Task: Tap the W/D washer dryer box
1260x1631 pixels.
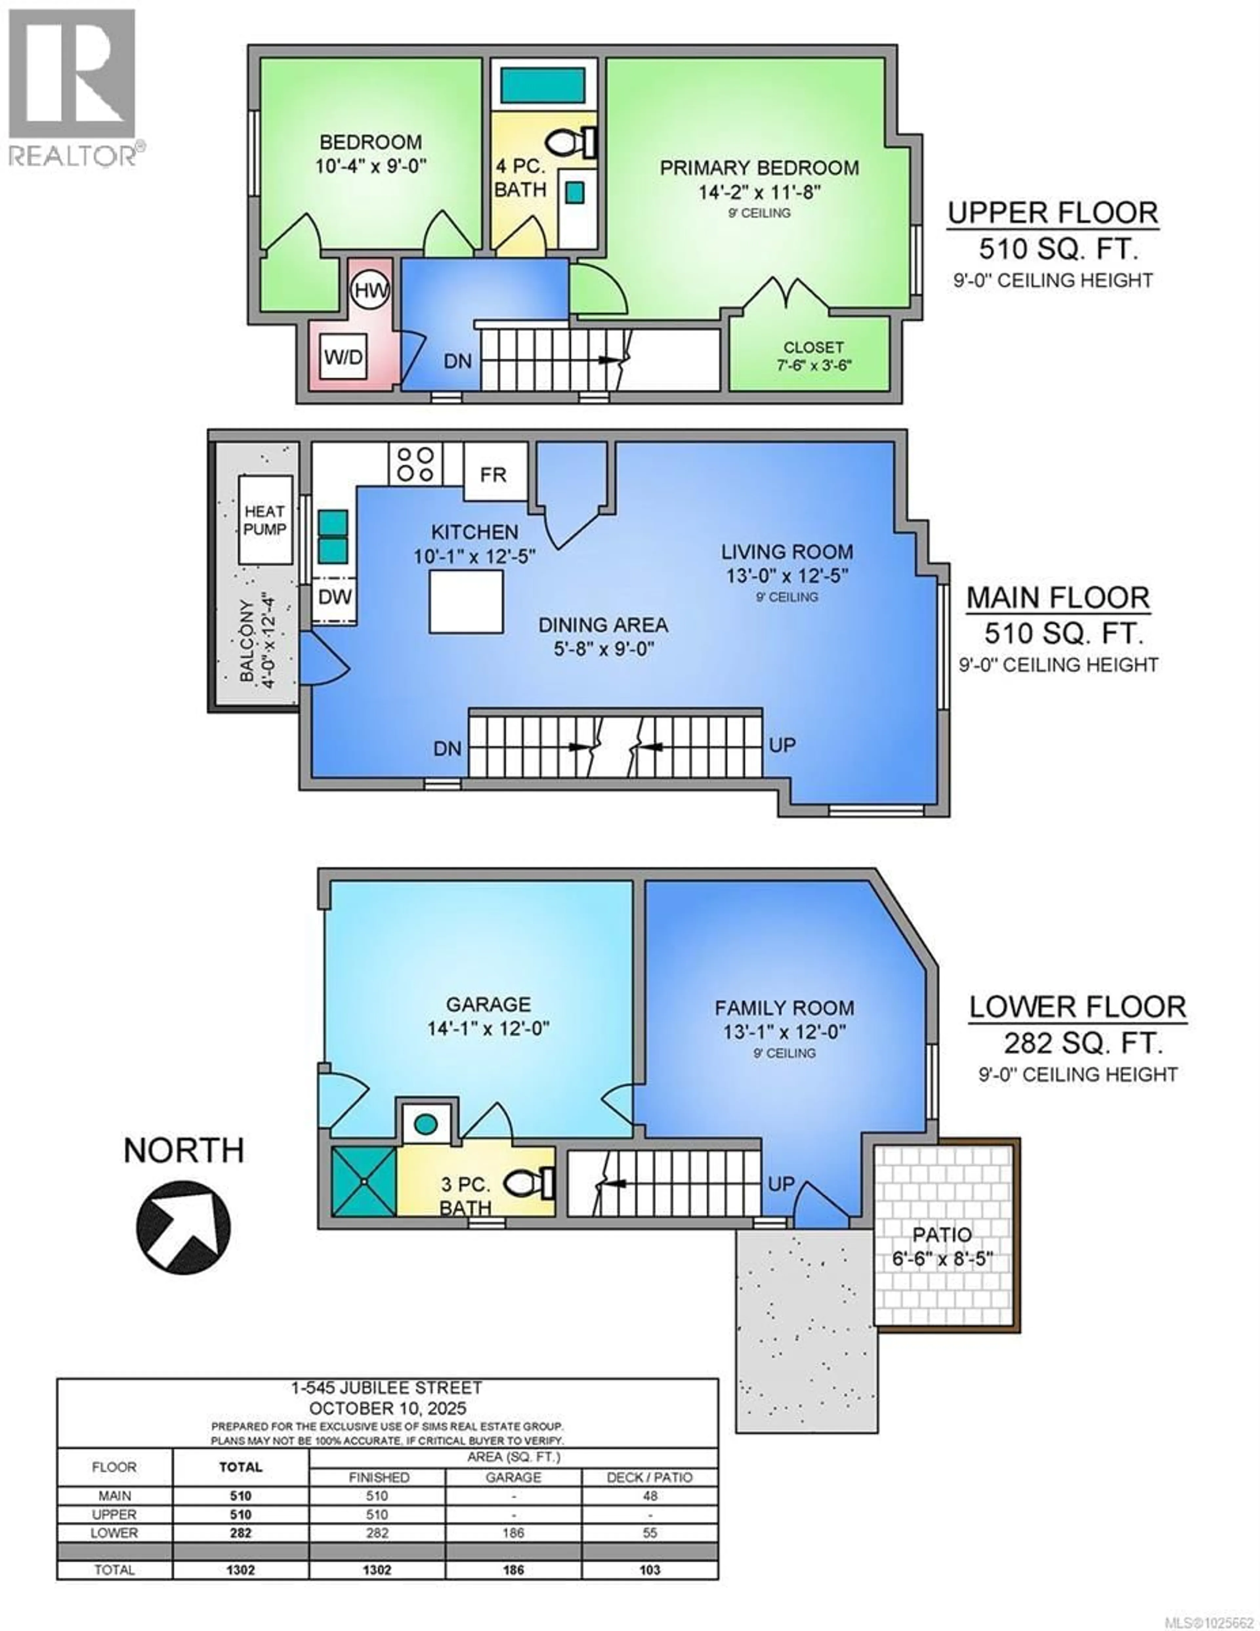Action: click(344, 357)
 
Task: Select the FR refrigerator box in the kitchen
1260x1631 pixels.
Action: click(493, 473)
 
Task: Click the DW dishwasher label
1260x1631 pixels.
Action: click(335, 596)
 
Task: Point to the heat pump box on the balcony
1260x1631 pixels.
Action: click(265, 520)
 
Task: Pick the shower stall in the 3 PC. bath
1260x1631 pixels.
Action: click(364, 1182)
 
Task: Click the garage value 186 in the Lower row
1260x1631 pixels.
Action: click(513, 1533)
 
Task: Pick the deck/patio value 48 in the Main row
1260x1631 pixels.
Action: click(650, 1496)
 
